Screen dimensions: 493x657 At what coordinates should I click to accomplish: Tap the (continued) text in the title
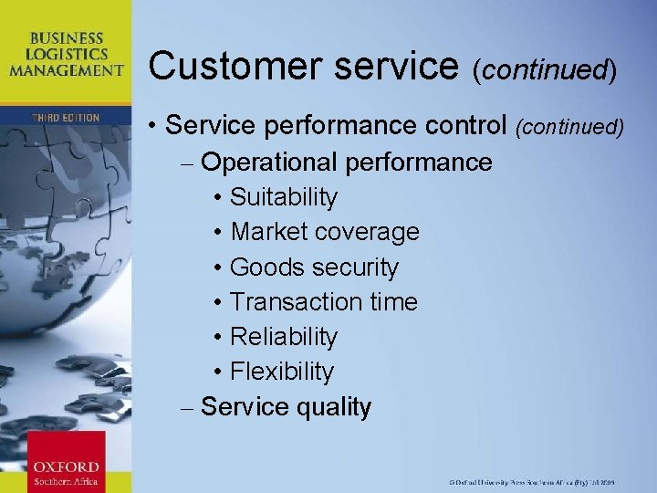[x=545, y=68]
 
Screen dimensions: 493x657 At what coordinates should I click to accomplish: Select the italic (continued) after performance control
[x=571, y=128]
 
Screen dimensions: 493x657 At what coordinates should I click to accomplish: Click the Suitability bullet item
[x=283, y=197]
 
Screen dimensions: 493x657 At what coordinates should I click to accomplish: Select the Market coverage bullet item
[x=324, y=232]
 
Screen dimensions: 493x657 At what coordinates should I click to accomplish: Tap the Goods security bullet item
[x=314, y=267]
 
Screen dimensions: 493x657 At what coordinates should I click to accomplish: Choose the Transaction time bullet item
[x=323, y=302]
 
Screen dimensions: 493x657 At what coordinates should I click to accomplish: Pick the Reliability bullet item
[x=283, y=337]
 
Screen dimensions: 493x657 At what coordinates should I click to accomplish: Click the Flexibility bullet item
[x=281, y=372]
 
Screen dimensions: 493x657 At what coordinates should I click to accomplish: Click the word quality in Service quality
[x=334, y=407]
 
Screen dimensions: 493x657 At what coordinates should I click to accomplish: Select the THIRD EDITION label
[x=66, y=118]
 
